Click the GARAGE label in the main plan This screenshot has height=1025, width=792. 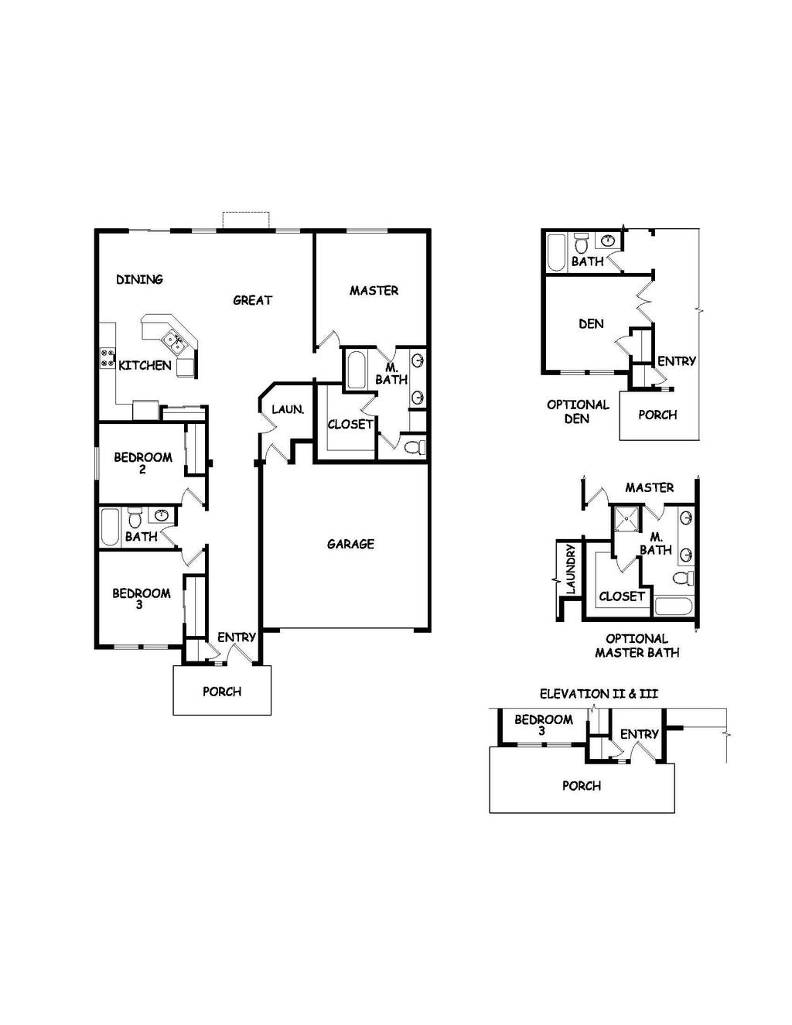[350, 544]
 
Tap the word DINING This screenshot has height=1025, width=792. [139, 279]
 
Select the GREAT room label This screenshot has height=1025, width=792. [253, 300]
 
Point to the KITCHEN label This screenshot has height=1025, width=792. [145, 365]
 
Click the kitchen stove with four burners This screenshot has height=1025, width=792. [108, 357]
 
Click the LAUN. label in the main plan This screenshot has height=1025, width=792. [288, 409]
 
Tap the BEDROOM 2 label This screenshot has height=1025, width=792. [143, 463]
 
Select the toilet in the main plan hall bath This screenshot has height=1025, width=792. [135, 518]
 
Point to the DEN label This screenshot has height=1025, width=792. [591, 323]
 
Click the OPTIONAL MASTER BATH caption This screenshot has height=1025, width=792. [637, 645]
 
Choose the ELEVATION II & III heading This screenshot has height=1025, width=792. [599, 694]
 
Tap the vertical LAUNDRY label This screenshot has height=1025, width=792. [571, 569]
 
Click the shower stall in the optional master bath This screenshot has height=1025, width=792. [627, 519]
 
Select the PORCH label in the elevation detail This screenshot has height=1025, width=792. [582, 785]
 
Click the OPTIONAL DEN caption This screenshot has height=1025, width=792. [578, 412]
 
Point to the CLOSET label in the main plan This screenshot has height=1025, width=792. [350, 424]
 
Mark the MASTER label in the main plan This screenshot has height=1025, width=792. [374, 291]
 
